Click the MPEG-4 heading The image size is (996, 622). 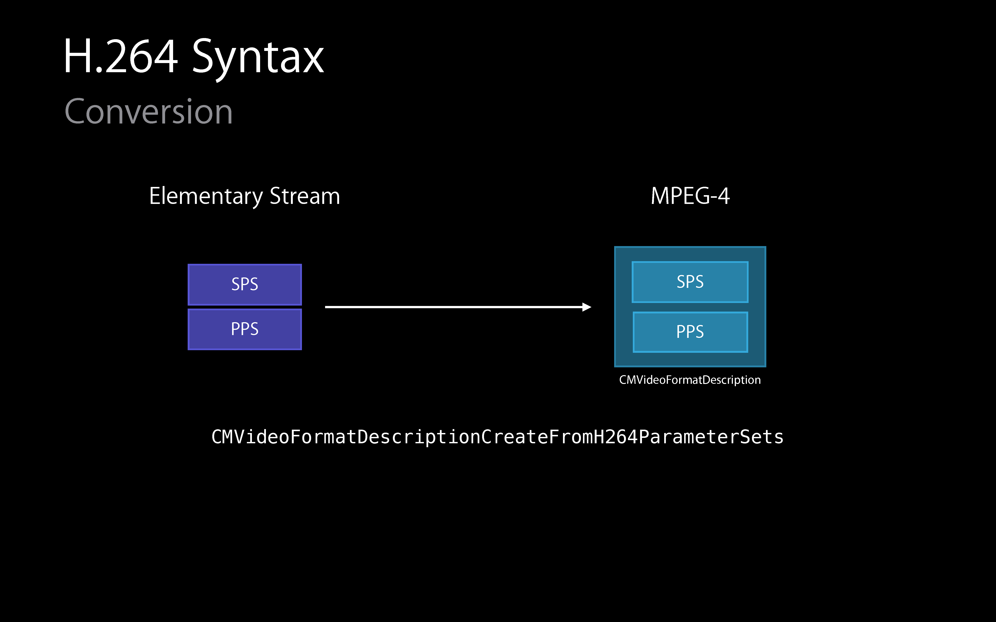point(690,196)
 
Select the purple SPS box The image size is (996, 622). point(245,284)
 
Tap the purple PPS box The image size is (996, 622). point(245,329)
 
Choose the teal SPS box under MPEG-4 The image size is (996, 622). point(690,282)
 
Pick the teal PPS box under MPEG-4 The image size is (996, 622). point(690,332)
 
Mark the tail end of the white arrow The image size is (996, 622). point(325,307)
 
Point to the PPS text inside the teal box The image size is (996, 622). point(690,332)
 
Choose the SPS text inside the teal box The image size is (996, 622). point(690,282)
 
